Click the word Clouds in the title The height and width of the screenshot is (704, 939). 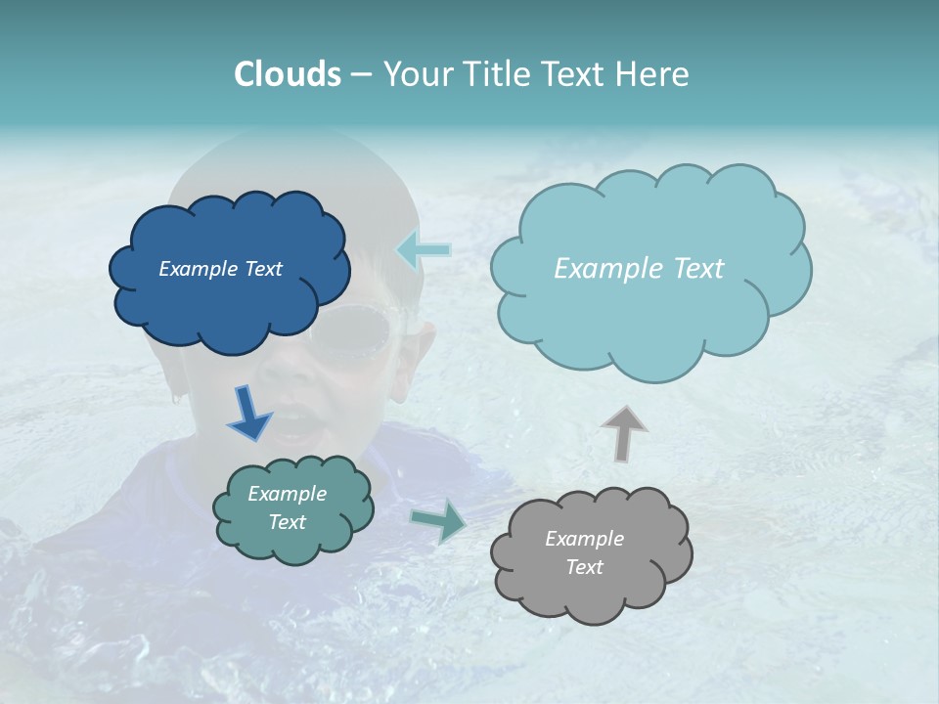click(x=288, y=74)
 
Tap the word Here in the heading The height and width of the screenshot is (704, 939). click(x=652, y=74)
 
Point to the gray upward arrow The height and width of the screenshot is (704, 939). click(x=623, y=432)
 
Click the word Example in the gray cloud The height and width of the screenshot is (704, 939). click(x=584, y=539)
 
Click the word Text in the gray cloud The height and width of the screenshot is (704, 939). click(x=584, y=567)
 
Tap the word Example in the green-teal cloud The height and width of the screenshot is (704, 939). click(x=287, y=494)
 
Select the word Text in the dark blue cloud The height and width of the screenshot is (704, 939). click(x=262, y=269)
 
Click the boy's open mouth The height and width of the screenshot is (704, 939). click(x=299, y=423)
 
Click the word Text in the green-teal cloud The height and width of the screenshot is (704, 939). click(x=287, y=522)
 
